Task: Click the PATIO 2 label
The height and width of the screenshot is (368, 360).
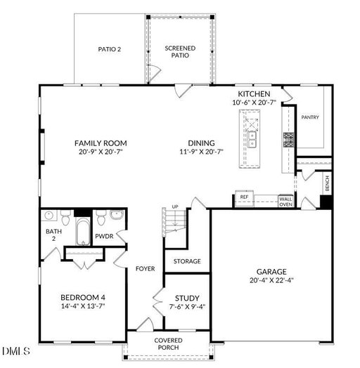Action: pyautogui.click(x=110, y=49)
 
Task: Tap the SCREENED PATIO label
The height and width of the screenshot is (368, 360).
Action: pyautogui.click(x=180, y=52)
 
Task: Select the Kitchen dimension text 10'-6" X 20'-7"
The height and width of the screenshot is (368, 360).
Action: pyautogui.click(x=255, y=103)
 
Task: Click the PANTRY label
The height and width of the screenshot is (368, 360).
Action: pyautogui.click(x=310, y=117)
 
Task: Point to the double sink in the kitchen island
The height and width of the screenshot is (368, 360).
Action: pyautogui.click(x=252, y=140)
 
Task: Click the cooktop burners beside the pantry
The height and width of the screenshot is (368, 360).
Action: pyautogui.click(x=288, y=140)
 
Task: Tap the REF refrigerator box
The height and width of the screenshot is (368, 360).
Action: pyautogui.click(x=245, y=198)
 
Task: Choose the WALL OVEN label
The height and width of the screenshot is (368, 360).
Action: pyautogui.click(x=285, y=202)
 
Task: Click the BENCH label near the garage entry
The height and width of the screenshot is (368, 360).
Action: pyautogui.click(x=328, y=183)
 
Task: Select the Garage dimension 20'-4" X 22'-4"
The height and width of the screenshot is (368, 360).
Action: pyautogui.click(x=271, y=280)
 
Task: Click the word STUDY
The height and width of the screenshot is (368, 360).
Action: pyautogui.click(x=187, y=298)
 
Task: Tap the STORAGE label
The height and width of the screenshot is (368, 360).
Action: pyautogui.click(x=187, y=261)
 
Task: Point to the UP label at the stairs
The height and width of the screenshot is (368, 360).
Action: pyautogui.click(x=175, y=206)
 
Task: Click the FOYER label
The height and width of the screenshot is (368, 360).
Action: pyautogui.click(x=146, y=269)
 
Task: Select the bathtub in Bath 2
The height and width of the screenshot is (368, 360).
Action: pyautogui.click(x=83, y=232)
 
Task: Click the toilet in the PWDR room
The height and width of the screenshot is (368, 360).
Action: pyautogui.click(x=101, y=218)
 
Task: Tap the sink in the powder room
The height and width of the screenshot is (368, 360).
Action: pyautogui.click(x=117, y=214)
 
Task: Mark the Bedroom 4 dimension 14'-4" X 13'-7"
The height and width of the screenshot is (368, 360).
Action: pyautogui.click(x=83, y=306)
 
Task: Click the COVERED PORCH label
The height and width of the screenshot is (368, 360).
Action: pyautogui.click(x=168, y=344)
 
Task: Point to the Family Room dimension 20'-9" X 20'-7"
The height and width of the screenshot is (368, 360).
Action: pyautogui.click(x=101, y=152)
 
